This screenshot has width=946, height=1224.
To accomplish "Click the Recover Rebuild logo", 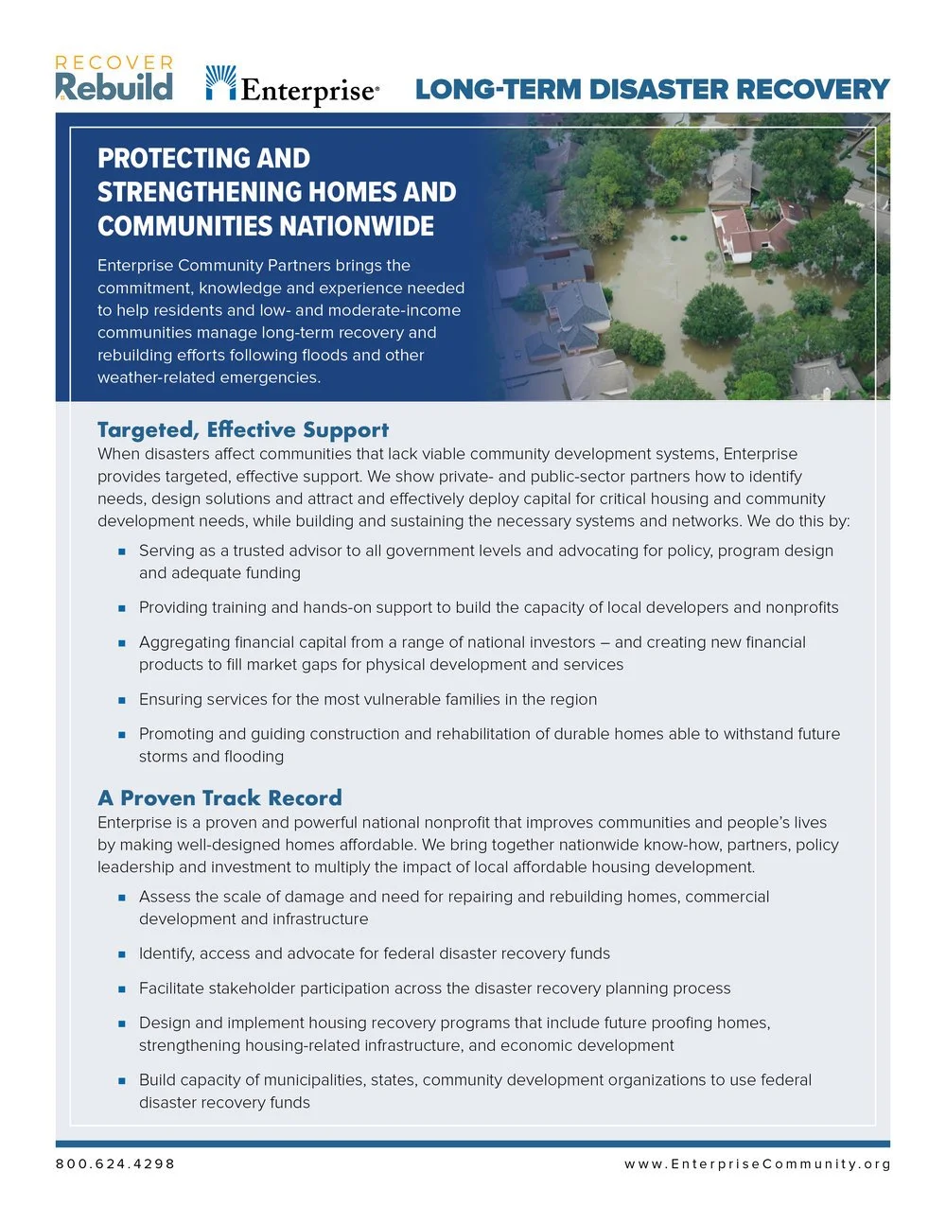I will (114, 79).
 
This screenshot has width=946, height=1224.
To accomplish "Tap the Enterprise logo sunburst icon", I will (220, 82).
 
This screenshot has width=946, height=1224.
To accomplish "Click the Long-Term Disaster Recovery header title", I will (652, 90).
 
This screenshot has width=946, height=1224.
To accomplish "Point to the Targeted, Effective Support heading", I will (242, 429).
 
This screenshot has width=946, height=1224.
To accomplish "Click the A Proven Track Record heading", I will (219, 797).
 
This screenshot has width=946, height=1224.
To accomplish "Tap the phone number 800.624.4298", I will (115, 1163).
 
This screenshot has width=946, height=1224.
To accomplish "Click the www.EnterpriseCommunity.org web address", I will (757, 1163).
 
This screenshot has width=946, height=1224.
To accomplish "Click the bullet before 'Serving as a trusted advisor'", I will (122, 551).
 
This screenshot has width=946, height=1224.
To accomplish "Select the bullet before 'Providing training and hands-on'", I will (122, 608).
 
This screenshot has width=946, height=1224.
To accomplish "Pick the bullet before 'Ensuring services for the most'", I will (122, 700).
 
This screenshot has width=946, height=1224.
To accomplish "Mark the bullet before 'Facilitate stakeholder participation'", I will (122, 989).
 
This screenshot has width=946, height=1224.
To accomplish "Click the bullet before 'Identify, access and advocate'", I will (122, 954).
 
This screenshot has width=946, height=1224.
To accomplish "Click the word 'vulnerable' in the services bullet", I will (406, 699).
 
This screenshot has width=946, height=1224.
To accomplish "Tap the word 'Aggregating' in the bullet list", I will (186, 642).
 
